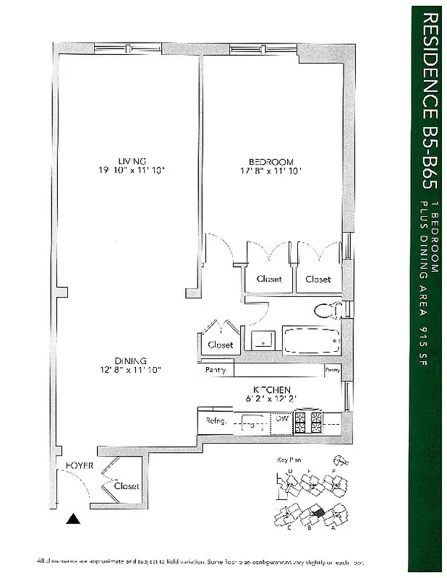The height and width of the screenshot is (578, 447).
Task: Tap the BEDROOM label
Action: tap(271, 160)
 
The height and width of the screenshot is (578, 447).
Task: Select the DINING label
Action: tap(130, 361)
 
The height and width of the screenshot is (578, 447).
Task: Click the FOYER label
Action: tap(80, 466)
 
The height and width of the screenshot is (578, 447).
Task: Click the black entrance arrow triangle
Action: tap(72, 518)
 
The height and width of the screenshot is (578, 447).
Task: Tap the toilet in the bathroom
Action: tap(329, 311)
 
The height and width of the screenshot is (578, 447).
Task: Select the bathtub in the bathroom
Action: tap(311, 341)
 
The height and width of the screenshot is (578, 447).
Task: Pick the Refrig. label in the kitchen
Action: tap(217, 420)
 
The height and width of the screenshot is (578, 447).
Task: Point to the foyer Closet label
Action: tap(127, 486)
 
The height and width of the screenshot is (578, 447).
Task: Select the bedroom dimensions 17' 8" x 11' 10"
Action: tap(271, 171)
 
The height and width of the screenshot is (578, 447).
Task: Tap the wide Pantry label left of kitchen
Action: tap(216, 370)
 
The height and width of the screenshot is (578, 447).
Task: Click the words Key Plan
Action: tap(287, 460)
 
